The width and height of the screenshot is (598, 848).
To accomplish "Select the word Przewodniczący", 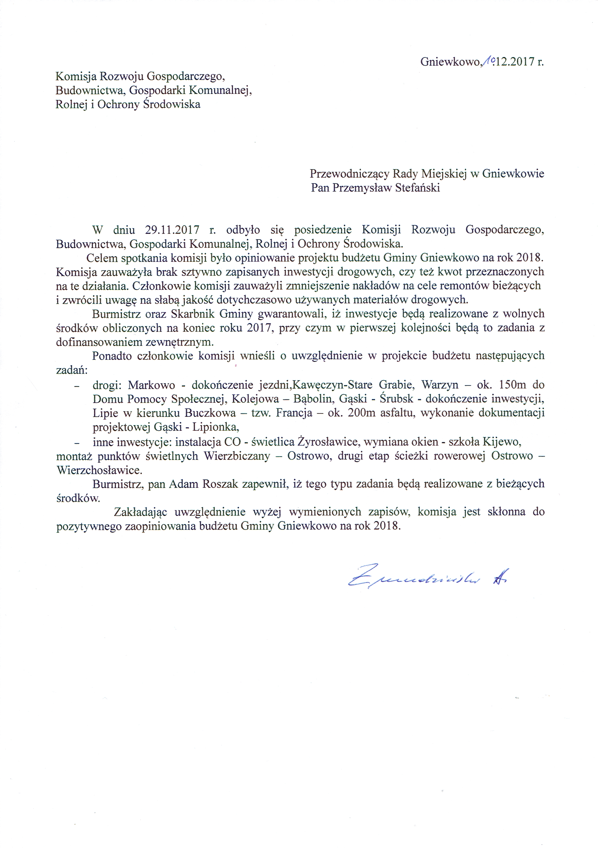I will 349,174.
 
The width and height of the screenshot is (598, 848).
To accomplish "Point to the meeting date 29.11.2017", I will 172,230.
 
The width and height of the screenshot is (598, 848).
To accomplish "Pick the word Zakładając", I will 141,512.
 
